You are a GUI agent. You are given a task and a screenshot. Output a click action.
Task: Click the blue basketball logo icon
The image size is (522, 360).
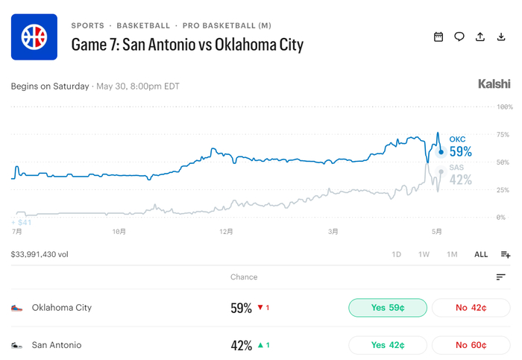34,37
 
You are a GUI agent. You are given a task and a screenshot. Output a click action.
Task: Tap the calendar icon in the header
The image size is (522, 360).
438,37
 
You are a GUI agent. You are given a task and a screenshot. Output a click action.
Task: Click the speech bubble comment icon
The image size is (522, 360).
459,37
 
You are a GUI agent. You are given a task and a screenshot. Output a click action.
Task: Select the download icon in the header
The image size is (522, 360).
501,37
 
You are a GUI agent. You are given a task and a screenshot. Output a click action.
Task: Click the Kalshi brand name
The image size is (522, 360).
494,83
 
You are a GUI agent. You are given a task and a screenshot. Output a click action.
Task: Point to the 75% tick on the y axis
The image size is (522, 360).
503,134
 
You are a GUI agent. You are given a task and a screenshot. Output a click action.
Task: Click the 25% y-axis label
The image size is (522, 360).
503,190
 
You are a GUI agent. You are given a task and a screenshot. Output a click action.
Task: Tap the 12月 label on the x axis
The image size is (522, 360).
226,232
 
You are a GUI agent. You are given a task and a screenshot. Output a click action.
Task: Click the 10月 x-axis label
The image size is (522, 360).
119,232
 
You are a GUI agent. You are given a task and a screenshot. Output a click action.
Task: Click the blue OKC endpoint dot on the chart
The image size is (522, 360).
441,152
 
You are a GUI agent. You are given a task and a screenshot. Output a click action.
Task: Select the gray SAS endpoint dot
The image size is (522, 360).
441,171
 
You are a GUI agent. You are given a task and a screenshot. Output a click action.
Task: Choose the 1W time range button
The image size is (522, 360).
424,254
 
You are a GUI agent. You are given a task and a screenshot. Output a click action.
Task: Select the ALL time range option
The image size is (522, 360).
481,254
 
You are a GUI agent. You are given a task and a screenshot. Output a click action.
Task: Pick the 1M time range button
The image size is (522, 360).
452,254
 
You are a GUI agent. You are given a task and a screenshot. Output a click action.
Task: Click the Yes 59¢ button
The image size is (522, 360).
388,308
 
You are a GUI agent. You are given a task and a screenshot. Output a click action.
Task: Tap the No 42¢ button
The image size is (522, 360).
471,308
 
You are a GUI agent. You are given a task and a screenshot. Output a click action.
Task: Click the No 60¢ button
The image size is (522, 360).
471,345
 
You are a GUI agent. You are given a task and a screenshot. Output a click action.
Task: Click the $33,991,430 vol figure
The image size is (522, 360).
40,254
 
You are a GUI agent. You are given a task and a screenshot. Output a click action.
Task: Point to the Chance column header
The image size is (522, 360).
244,277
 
